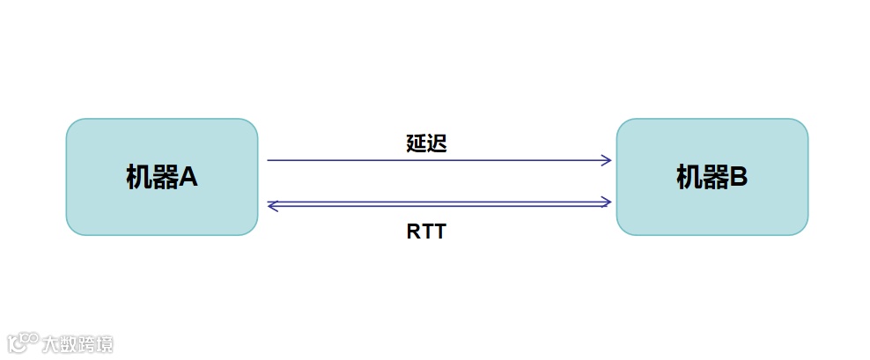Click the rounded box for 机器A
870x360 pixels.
click(x=162, y=176)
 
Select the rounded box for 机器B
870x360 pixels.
click(x=711, y=176)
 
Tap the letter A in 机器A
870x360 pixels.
click(x=188, y=177)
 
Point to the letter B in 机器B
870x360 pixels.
click(x=738, y=177)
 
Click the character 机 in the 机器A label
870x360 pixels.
click(x=138, y=177)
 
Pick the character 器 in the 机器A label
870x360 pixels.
click(x=163, y=177)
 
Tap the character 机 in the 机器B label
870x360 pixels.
click(x=689, y=177)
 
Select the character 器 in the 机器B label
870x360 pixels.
click(x=713, y=177)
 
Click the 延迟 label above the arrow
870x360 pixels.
click(x=426, y=144)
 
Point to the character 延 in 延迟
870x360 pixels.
click(x=416, y=144)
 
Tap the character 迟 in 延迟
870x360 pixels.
click(x=437, y=144)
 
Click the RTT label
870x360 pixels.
click(x=426, y=232)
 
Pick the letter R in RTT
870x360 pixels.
click(x=414, y=232)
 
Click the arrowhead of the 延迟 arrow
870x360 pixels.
click(x=607, y=160)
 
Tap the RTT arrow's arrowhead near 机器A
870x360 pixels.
click(x=272, y=206)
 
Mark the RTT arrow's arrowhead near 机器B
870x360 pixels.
click(x=606, y=202)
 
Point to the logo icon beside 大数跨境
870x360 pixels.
click(x=23, y=342)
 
